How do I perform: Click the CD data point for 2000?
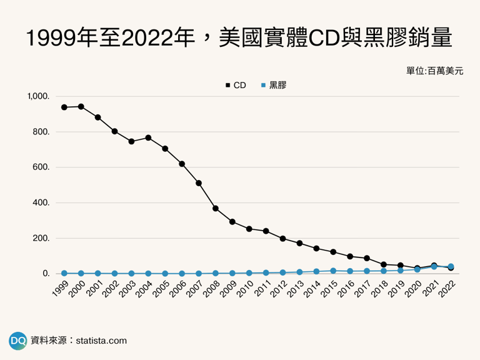(81, 106)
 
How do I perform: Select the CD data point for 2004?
(148, 137)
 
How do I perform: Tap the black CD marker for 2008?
(216, 208)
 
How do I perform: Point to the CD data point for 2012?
(282, 239)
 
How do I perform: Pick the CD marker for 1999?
(64, 107)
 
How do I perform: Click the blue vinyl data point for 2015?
(333, 271)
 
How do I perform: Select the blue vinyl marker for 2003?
(131, 273)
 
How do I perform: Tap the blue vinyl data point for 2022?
(451, 266)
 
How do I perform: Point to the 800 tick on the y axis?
(39, 132)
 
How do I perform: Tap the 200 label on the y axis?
(39, 238)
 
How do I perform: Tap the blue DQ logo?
(17, 341)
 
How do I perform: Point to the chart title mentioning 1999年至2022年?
(240, 39)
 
